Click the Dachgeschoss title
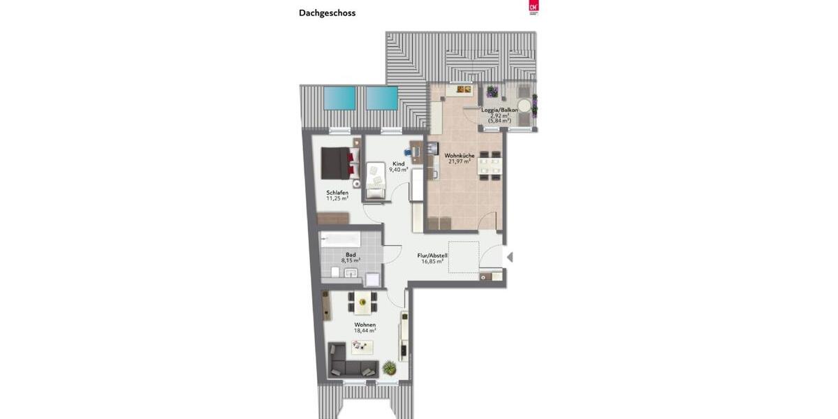click(327, 13)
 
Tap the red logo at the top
click(534, 7)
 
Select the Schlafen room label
click(337, 192)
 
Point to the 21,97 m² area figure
click(459, 161)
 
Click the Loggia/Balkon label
click(499, 110)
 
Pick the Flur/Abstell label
click(432, 255)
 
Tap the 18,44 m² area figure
click(365, 330)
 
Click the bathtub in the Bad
click(340, 240)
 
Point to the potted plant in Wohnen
click(390, 367)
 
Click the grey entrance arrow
click(510, 257)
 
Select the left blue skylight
click(339, 98)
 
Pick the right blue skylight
click(382, 98)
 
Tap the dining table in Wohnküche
click(489, 166)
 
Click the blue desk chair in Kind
click(408, 152)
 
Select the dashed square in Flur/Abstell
click(464, 256)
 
